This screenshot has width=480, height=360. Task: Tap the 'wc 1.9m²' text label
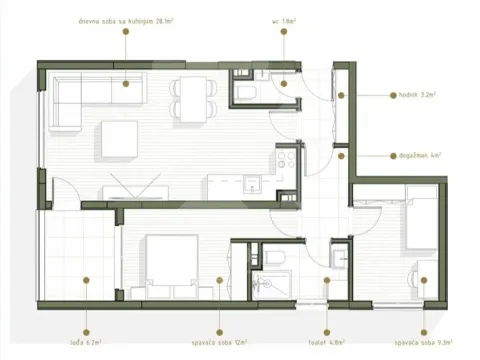click(282, 19)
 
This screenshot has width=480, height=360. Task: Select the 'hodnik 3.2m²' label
click(407, 96)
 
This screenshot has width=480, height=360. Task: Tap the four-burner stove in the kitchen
click(286, 160)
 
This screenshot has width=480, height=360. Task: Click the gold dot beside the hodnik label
click(341, 96)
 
